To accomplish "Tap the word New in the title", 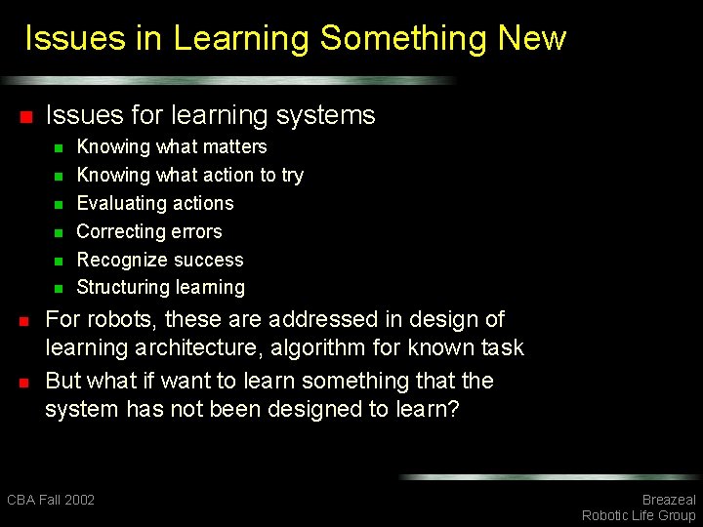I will [x=531, y=39].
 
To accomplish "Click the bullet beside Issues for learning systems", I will [x=26, y=117].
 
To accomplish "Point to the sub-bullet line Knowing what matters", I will [x=171, y=147].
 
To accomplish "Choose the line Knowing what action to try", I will [x=189, y=176].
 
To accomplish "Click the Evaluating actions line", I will [x=154, y=204].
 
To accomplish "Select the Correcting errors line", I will [x=148, y=232].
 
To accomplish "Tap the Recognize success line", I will [x=159, y=261].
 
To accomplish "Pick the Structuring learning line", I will [x=160, y=288].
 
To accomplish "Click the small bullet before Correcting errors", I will [x=58, y=233].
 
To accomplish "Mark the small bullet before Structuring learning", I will [x=58, y=289].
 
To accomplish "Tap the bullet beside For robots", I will [x=26, y=321].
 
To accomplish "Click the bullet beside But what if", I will [x=26, y=382].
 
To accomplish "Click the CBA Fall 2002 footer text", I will [x=51, y=500].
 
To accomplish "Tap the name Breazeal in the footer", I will [x=668, y=500].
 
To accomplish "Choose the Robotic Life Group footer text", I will [x=639, y=515].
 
